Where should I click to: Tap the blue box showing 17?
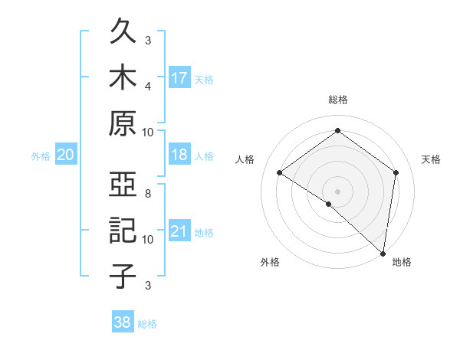180,77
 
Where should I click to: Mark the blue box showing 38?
123,323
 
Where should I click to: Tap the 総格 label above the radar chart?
337,100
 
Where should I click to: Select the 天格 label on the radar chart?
431,159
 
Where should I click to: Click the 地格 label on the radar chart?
402,262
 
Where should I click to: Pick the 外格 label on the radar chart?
270,262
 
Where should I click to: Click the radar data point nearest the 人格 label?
280,172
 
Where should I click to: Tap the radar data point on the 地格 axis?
383,253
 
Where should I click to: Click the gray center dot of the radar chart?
337,191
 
